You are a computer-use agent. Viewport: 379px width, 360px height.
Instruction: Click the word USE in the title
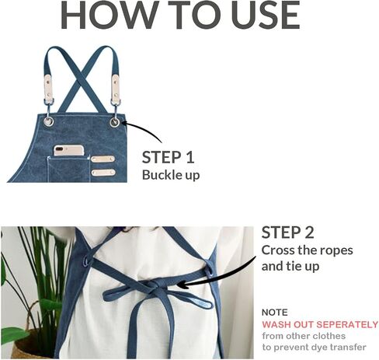coord(266,15)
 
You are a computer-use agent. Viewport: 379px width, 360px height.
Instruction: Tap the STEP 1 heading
coord(168,157)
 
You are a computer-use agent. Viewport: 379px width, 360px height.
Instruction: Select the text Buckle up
coord(171,175)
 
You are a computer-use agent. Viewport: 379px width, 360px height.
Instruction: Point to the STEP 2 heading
coord(287,232)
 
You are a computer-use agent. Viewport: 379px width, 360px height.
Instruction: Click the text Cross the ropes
coord(308,250)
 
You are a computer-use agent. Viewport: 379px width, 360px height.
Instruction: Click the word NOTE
coord(275,313)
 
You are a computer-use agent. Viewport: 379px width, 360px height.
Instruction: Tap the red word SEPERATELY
coord(347,324)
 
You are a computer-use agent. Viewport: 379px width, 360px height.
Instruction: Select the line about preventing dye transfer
coord(314,348)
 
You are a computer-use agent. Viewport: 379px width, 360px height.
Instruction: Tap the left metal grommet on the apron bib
coord(48,121)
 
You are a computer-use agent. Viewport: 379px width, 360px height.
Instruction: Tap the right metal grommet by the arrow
coord(115,122)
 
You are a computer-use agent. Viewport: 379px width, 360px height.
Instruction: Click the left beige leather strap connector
coord(49,87)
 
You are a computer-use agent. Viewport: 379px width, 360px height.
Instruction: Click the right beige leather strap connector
coord(116,88)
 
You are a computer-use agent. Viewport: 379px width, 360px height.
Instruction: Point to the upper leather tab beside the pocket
coord(103,159)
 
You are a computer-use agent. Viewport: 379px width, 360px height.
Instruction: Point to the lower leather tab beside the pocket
coord(103,173)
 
